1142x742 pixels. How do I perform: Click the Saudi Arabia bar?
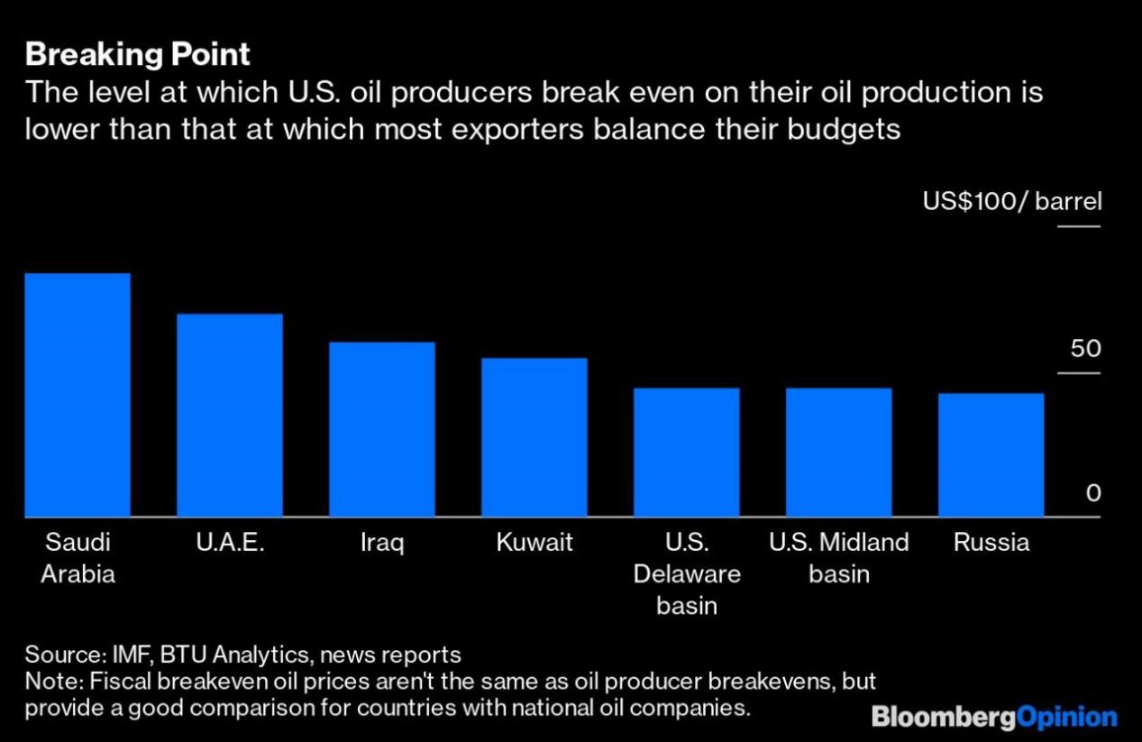(78, 395)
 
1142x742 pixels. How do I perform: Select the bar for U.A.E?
(230, 415)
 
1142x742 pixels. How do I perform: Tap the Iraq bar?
(382, 429)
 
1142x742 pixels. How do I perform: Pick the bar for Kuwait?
(534, 437)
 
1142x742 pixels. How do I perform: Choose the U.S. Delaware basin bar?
(687, 453)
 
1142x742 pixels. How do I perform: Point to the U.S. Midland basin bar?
(838, 453)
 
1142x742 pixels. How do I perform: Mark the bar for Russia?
(991, 455)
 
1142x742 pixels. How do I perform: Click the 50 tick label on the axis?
(1085, 349)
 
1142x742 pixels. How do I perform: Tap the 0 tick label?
(1093, 493)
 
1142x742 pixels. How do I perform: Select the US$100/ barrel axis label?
(1012, 201)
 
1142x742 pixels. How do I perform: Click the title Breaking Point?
(138, 55)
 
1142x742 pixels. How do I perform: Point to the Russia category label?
(991, 542)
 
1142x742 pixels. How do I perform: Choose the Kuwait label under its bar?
(534, 542)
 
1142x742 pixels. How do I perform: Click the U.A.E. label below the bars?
(230, 542)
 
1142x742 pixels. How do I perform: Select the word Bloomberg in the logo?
(943, 717)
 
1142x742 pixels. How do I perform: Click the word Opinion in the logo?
(1066, 717)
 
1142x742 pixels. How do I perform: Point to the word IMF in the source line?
(132, 655)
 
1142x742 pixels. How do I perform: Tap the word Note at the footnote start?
(53, 682)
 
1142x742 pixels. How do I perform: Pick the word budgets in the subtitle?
(844, 131)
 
